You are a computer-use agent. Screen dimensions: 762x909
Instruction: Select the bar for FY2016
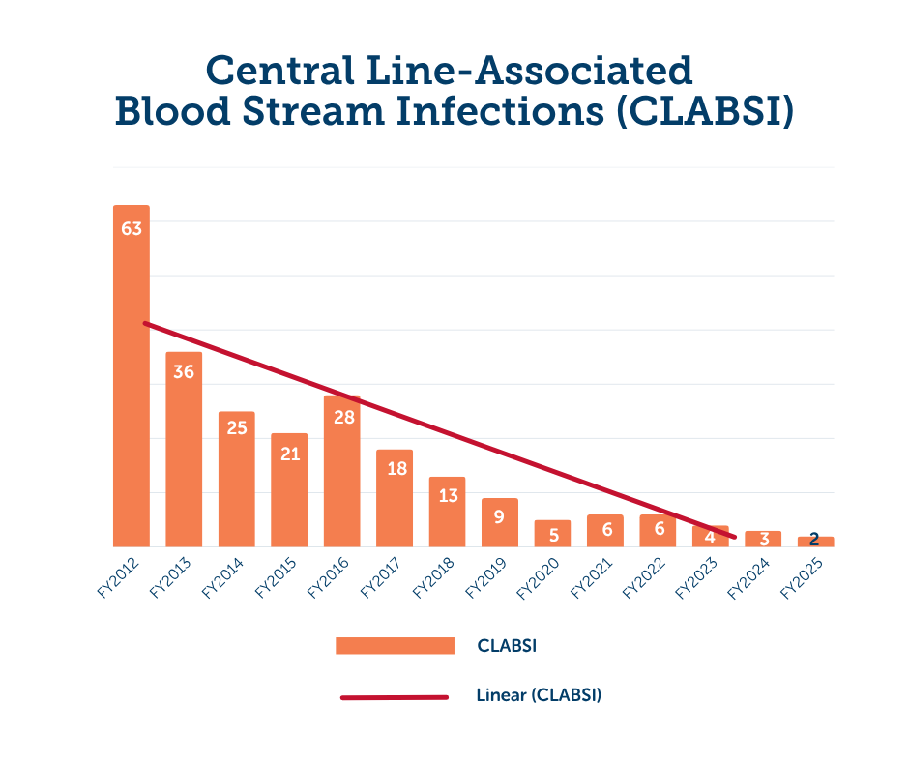[x=342, y=474]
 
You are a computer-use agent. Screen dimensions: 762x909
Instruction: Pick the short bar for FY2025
[x=815, y=542]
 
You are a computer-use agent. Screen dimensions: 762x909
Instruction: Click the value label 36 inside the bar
[x=184, y=371]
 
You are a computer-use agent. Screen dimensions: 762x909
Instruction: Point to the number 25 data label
[x=237, y=427]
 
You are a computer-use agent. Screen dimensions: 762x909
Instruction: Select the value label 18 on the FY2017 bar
[x=395, y=468]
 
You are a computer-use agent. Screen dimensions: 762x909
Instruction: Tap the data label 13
[x=447, y=495]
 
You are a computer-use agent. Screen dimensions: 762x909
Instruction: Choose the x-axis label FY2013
[x=170, y=577]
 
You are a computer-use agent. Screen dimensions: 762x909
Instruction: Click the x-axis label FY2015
[x=276, y=577]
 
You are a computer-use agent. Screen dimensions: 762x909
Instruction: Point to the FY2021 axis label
[x=591, y=577]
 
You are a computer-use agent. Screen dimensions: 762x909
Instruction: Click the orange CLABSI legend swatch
[x=395, y=646]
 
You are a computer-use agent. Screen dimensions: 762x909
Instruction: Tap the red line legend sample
[x=395, y=696]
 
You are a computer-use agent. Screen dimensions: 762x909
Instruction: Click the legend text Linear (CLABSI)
[x=539, y=695]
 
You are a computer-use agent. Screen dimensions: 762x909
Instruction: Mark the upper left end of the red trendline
[x=145, y=323]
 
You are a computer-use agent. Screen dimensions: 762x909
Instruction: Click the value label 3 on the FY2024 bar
[x=764, y=539]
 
